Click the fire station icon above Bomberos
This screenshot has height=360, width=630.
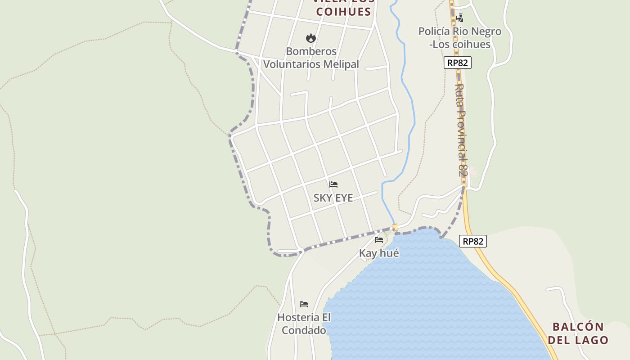pyautogui.click(x=310, y=38)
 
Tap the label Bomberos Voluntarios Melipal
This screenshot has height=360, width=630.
pyautogui.click(x=311, y=58)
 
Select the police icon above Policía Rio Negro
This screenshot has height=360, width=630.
pyautogui.click(x=459, y=18)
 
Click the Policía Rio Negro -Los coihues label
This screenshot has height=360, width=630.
pyautogui.click(x=459, y=38)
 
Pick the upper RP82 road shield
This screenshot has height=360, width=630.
pyautogui.click(x=458, y=63)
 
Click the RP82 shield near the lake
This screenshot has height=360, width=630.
pyautogui.click(x=473, y=241)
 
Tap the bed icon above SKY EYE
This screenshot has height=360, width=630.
pyautogui.click(x=333, y=184)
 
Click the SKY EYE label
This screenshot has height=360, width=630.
pyautogui.click(x=333, y=198)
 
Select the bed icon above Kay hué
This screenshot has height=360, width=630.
pyautogui.click(x=379, y=240)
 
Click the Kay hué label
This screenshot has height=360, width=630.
pyautogui.click(x=379, y=253)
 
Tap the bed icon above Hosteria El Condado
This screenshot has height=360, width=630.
pyautogui.click(x=304, y=304)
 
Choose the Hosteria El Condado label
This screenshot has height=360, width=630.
pyautogui.click(x=304, y=324)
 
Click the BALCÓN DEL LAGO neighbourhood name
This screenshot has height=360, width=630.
pyautogui.click(x=578, y=333)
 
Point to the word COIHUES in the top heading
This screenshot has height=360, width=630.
pyautogui.click(x=343, y=12)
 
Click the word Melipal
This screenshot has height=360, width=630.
pyautogui.click(x=341, y=65)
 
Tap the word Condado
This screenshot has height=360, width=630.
pyautogui.click(x=304, y=331)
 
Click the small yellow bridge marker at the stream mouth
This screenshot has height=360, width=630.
pyautogui.click(x=395, y=228)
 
